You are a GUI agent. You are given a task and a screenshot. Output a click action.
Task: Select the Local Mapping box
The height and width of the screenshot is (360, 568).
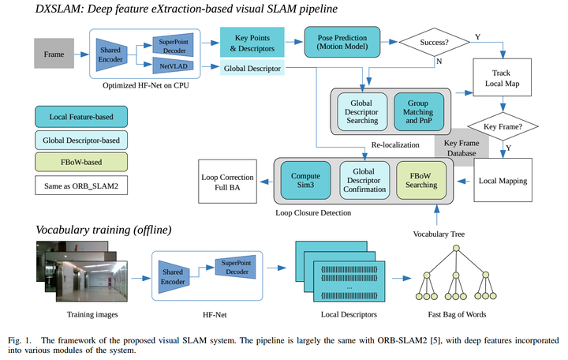[503, 181]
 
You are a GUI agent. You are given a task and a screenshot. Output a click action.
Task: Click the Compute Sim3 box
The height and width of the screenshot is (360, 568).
[305, 181]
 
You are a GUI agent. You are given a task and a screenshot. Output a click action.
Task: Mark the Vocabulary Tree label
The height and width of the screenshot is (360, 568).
[440, 234]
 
